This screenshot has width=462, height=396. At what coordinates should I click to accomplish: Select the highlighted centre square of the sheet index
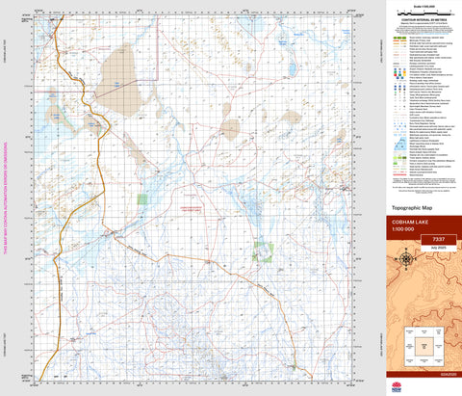(x=423, y=343)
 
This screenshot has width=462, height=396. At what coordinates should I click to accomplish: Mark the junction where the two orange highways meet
(x=116, y=232)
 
